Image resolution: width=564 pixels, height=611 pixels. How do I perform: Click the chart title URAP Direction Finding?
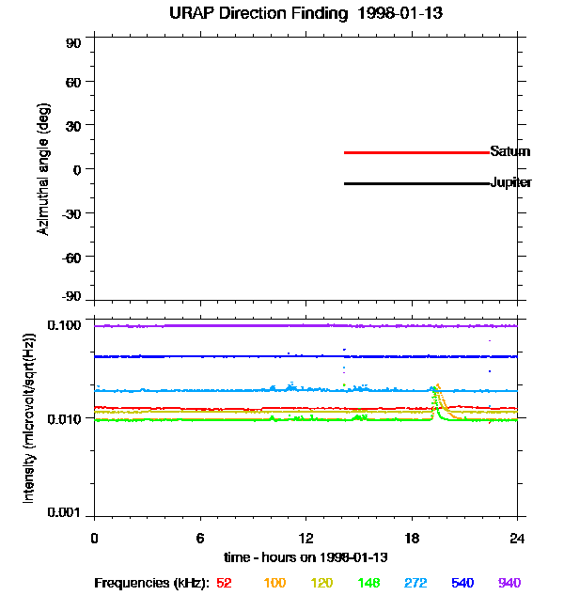point(258,14)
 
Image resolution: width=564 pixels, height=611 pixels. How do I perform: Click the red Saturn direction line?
point(416,152)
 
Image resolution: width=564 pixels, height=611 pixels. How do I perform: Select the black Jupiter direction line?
point(416,183)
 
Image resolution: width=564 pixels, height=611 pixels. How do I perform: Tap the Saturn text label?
point(509,151)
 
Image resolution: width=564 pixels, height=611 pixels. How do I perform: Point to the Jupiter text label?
point(510,182)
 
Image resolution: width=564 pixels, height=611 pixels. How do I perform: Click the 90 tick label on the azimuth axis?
point(73,43)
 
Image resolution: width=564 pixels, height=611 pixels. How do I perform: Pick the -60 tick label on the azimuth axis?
point(71,258)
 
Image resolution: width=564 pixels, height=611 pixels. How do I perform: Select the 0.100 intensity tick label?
point(64,325)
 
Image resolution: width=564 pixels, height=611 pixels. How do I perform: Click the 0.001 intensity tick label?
point(64,512)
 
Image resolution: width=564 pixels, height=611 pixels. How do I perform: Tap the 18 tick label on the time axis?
point(412,538)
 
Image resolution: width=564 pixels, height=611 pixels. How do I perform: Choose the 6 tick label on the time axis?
point(200,538)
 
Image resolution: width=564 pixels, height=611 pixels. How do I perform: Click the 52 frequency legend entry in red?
point(224,583)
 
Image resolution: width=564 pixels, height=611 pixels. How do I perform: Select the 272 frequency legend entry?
point(415,583)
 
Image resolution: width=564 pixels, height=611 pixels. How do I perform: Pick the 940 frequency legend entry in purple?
point(509,583)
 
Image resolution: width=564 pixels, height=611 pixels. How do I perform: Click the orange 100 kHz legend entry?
point(274,583)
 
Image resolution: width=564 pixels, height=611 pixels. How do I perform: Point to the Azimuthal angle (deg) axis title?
point(43,169)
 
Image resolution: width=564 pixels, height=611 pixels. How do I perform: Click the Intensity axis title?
point(29,418)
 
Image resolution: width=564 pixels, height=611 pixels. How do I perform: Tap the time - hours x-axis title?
point(305,557)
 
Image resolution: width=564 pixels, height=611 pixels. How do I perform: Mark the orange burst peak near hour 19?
point(438,385)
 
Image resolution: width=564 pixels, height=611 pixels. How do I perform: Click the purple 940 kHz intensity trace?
point(306,326)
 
